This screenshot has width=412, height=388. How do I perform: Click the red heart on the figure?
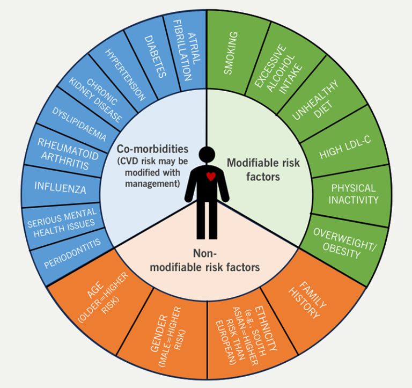pos(212,176)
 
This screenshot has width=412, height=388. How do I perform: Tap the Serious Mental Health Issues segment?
pos(61,220)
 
